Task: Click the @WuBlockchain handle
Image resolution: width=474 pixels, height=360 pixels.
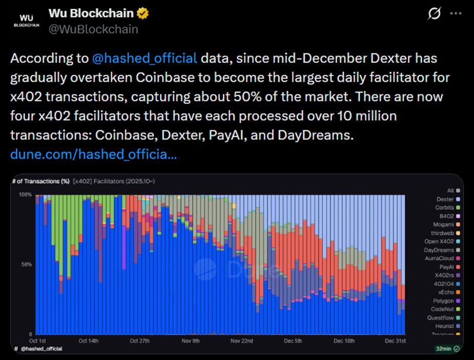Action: [93, 29]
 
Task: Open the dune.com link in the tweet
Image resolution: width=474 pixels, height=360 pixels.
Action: [94, 154]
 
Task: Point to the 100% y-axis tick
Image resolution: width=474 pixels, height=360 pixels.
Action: [25, 195]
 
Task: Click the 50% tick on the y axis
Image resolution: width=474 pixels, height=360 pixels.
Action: [26, 264]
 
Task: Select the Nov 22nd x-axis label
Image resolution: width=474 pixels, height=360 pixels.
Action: [241, 340]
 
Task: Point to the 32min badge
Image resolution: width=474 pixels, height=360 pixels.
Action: [445, 348]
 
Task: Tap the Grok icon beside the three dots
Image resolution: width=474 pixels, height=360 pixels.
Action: [433, 14]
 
